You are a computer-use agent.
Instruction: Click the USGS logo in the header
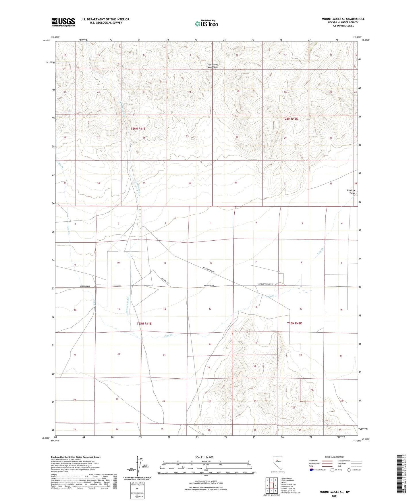[x=63, y=22]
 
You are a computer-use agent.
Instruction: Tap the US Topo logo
[x=206, y=24]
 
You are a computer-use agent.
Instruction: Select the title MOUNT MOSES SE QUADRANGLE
[x=343, y=19]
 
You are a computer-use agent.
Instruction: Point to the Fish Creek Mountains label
[x=213, y=66]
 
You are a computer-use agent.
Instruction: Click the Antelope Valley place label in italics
[x=351, y=192]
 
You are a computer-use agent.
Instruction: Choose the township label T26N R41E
[x=138, y=129]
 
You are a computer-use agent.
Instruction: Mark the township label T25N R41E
[x=144, y=323]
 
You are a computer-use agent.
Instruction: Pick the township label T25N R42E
[x=294, y=323]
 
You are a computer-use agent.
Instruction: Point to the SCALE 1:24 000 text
[x=204, y=457]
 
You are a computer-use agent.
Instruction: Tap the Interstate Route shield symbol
[x=311, y=470]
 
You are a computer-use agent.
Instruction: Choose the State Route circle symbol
[x=349, y=470]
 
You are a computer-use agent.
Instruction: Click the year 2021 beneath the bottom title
[x=334, y=496]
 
